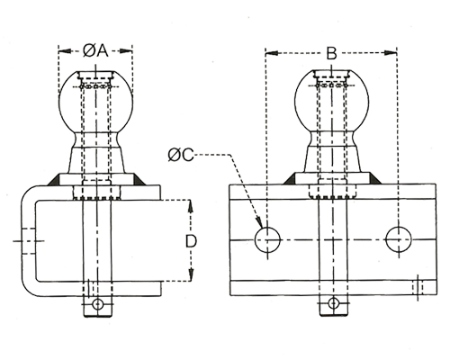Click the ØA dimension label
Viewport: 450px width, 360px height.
pos(95,51)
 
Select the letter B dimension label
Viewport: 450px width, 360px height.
pos(331,53)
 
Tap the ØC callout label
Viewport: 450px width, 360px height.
pos(181,155)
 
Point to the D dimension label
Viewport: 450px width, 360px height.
pos(191,241)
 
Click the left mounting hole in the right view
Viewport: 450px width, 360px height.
pos(267,239)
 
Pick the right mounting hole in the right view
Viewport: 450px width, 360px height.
pos(399,239)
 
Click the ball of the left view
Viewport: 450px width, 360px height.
pos(95,102)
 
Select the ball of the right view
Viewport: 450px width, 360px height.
pos(331,102)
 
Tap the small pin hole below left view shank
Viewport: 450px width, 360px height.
pos(97,304)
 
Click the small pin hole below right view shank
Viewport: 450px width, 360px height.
pos(333,303)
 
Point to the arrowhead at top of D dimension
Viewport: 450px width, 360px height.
pos(191,206)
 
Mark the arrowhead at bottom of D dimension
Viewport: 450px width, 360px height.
pos(191,274)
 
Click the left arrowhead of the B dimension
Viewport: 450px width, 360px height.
pos(272,53)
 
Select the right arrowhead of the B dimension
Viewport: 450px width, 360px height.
pos(391,53)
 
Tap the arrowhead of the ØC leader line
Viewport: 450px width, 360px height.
pos(259,223)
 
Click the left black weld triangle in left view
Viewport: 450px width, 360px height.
pos(52,180)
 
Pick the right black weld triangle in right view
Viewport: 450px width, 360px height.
pos(375,178)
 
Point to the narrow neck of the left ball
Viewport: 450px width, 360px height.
pos(95,139)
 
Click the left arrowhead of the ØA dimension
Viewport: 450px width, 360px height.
pos(66,51)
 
